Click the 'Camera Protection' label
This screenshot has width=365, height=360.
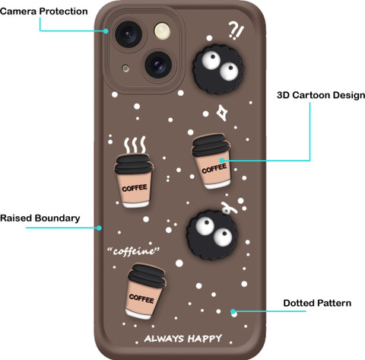(x=44, y=11)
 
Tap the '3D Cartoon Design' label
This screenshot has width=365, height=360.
(x=321, y=95)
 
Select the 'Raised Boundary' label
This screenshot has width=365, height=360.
(x=40, y=218)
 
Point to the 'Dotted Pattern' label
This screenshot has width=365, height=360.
(x=317, y=303)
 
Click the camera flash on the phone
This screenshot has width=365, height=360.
(x=162, y=31)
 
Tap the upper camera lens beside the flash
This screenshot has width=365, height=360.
(x=129, y=34)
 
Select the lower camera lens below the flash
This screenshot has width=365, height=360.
(x=158, y=65)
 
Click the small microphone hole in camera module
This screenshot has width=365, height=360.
(x=125, y=68)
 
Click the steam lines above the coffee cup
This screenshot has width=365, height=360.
(x=135, y=145)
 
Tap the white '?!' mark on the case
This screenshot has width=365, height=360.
(x=236, y=30)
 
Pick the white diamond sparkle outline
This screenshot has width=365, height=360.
(x=222, y=113)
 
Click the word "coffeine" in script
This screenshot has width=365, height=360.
(x=133, y=251)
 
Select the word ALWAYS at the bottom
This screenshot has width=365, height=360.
(x=164, y=339)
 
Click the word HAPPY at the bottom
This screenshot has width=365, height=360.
(x=205, y=339)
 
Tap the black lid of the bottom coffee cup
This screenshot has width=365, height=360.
(x=148, y=276)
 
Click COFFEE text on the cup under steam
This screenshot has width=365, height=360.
(x=135, y=188)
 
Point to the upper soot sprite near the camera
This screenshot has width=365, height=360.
(x=218, y=69)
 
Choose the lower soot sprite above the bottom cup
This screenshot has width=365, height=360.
(x=212, y=235)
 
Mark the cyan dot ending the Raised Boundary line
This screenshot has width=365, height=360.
(x=99, y=228)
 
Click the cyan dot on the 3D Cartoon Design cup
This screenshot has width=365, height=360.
(x=222, y=161)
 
